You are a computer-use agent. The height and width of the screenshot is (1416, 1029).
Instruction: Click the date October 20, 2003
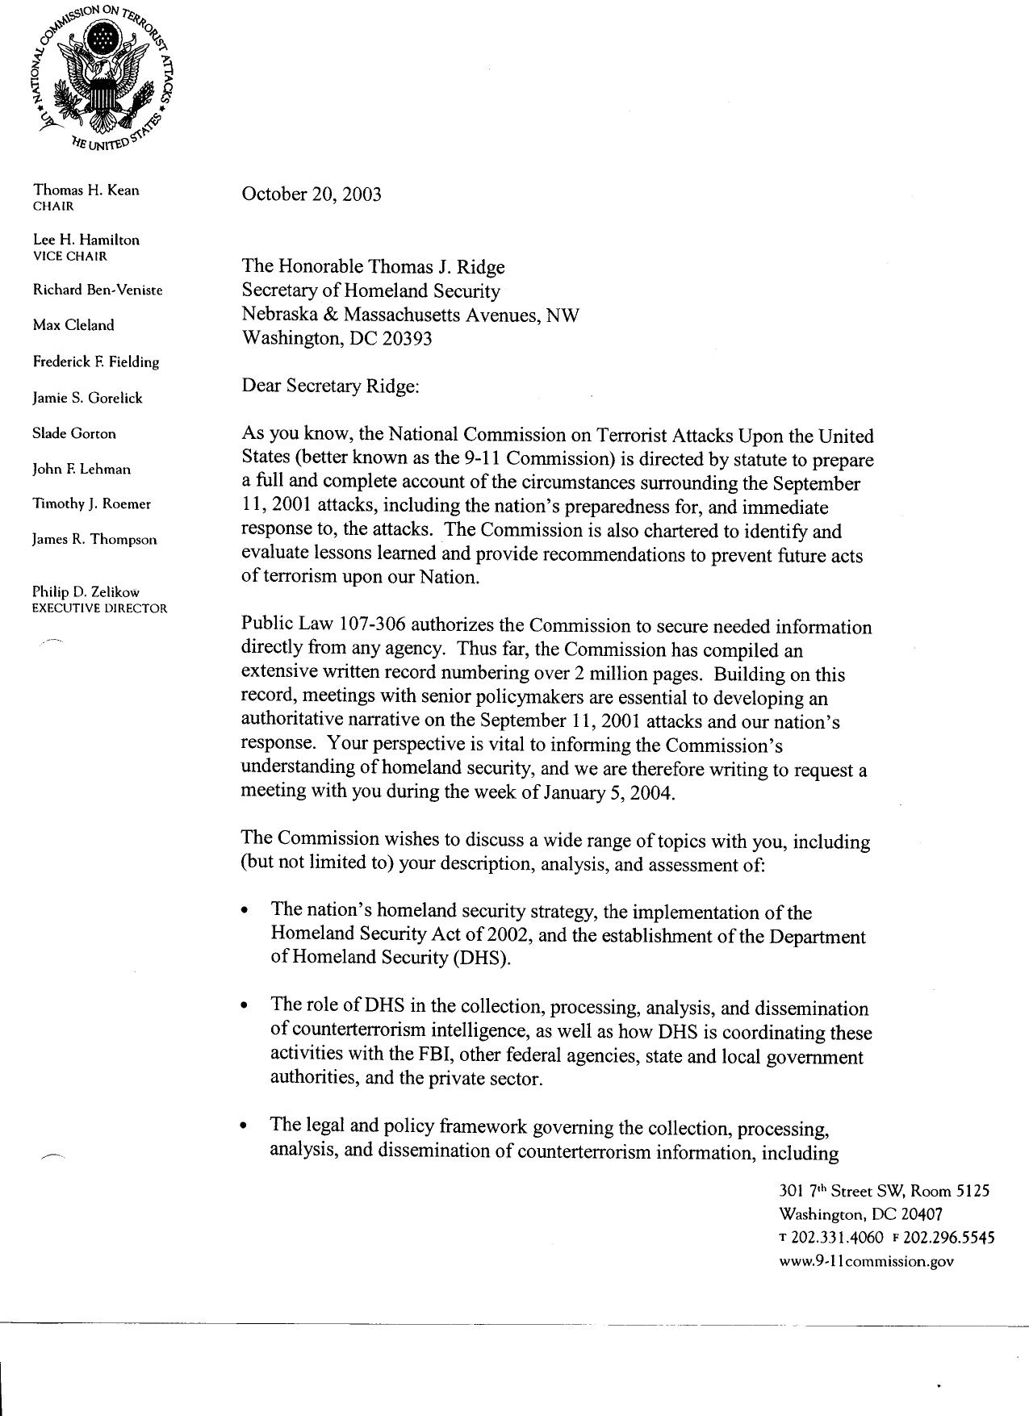pyautogui.click(x=312, y=194)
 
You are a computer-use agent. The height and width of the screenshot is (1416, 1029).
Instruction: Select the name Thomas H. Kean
pyautogui.click(x=86, y=190)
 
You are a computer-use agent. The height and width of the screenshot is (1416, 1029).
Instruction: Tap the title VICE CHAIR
pyautogui.click(x=69, y=257)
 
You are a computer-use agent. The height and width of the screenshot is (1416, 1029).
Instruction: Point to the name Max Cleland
pyautogui.click(x=73, y=325)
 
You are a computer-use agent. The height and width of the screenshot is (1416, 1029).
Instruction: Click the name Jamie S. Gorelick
pyautogui.click(x=87, y=398)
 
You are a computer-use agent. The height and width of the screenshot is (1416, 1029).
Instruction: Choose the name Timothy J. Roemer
pyautogui.click(x=91, y=504)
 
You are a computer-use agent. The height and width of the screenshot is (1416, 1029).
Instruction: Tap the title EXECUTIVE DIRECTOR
pyautogui.click(x=99, y=608)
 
